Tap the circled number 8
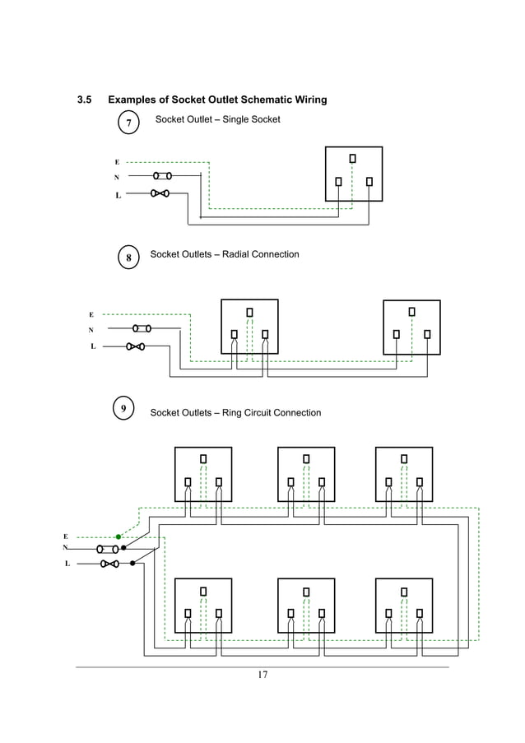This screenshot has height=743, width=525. click(128, 258)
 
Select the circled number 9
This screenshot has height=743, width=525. click(123, 408)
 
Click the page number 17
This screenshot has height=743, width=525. click(262, 676)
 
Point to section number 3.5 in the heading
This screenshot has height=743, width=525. click(84, 100)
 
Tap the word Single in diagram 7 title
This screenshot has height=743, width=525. click(239, 119)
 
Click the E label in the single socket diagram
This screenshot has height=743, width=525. click(117, 162)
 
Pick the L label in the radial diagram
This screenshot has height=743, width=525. click(92, 346)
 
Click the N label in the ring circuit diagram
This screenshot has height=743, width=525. click(65, 547)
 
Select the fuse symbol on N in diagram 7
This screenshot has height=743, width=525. click(162, 175)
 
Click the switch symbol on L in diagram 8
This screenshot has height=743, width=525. click(136, 346)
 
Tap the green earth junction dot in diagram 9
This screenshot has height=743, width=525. click(118, 536)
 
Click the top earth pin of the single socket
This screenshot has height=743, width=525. click(353, 157)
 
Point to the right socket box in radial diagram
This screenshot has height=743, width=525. click(411, 327)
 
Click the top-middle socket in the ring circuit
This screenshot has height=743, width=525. click(305, 474)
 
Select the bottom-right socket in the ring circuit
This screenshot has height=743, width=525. click(403, 606)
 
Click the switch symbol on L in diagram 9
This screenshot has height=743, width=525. click(109, 564)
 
